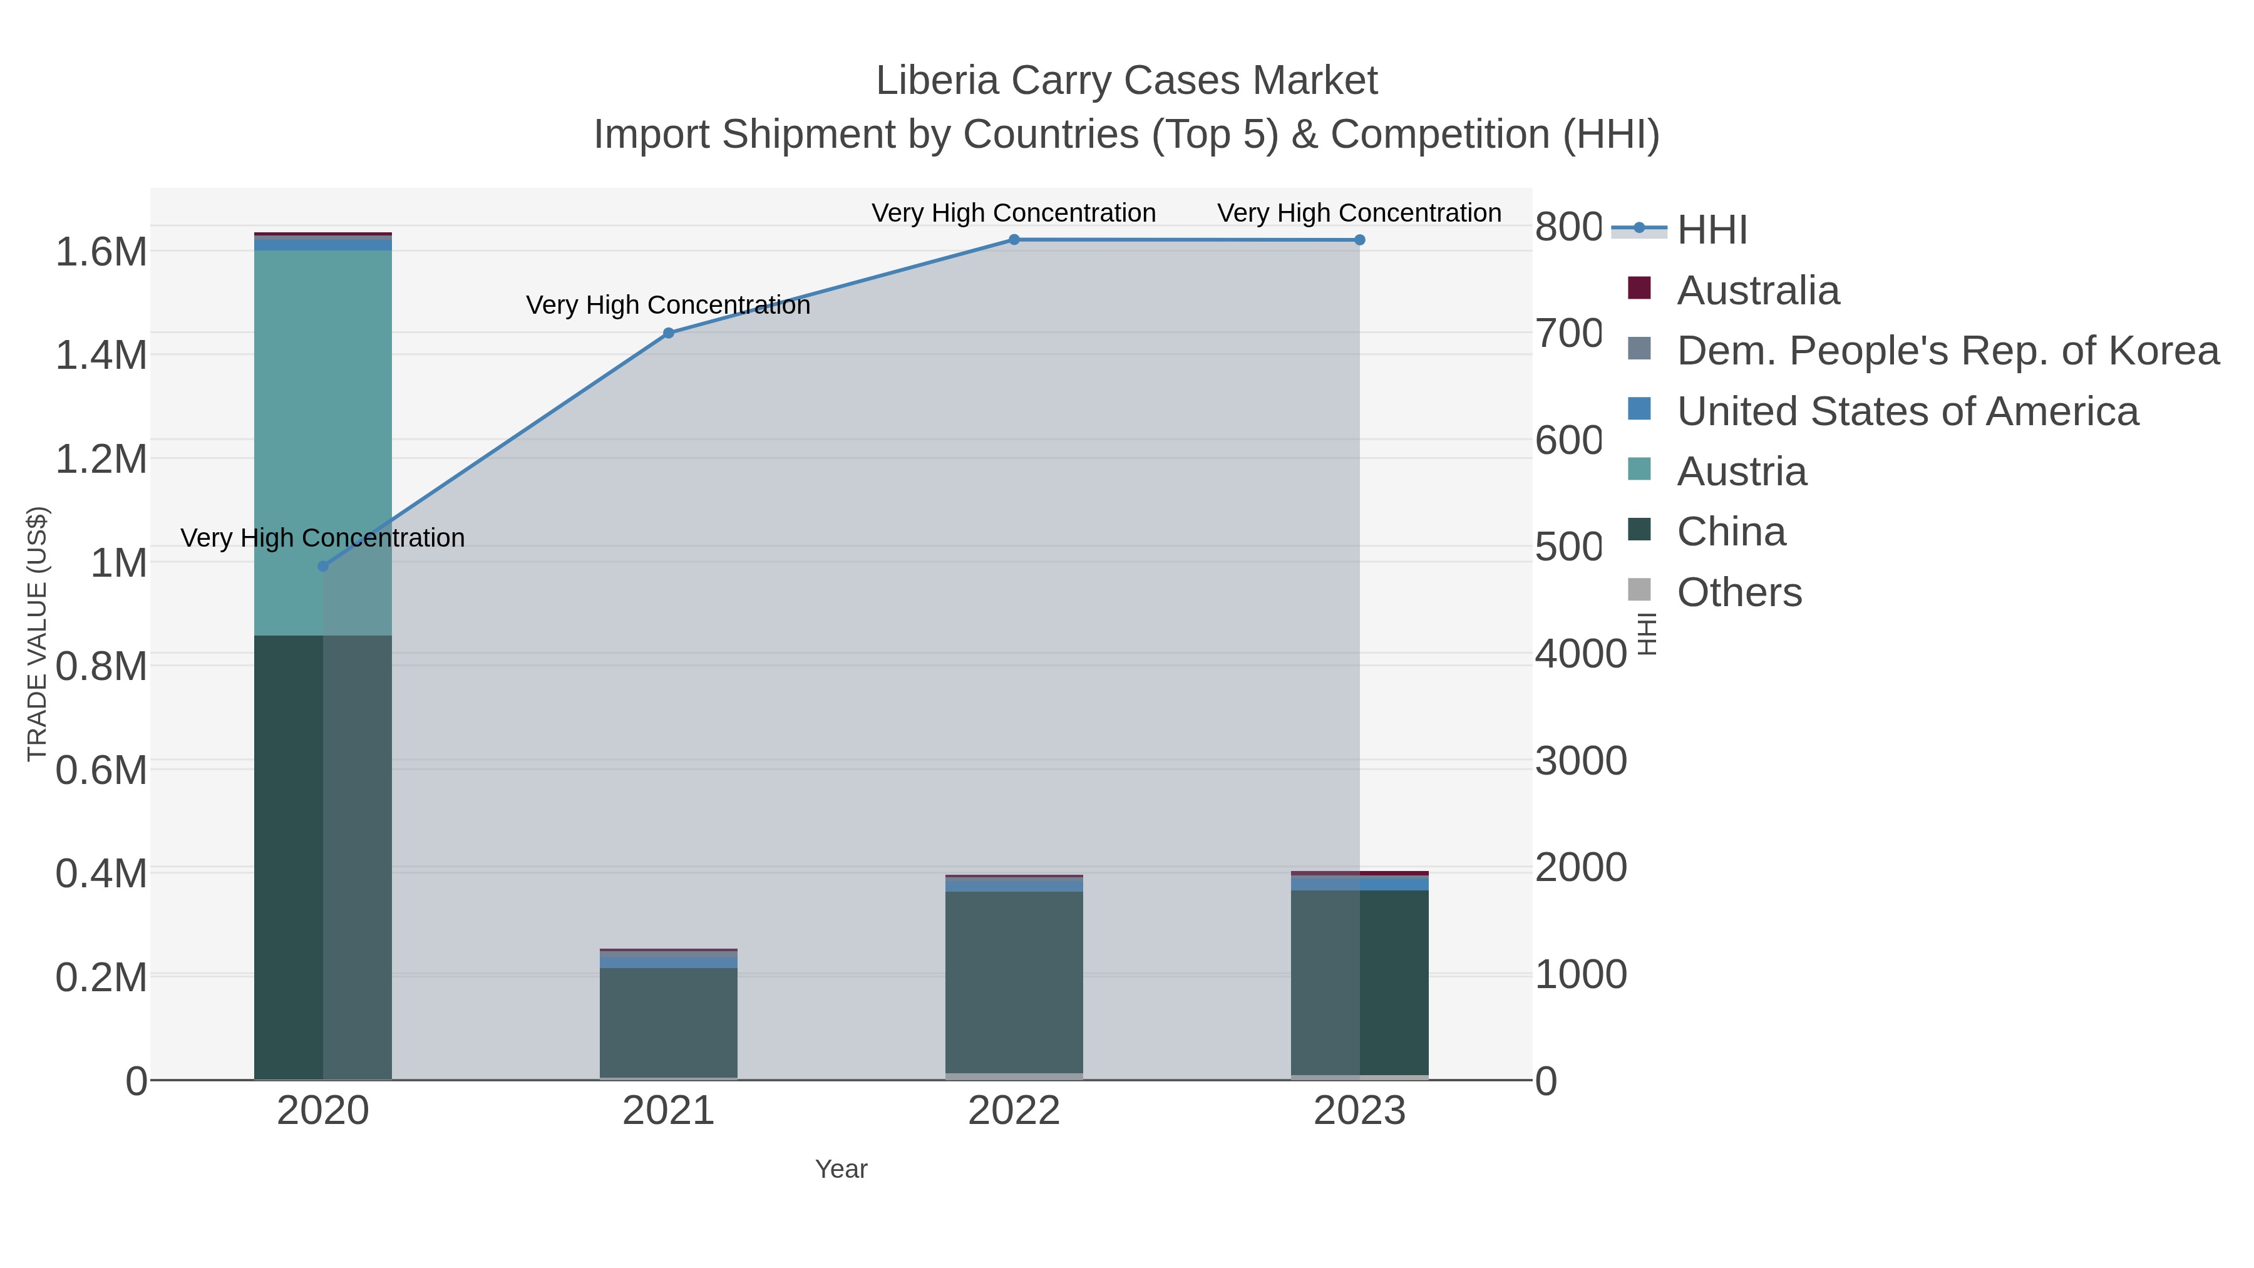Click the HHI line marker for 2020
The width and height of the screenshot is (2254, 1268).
pyautogui.click(x=323, y=566)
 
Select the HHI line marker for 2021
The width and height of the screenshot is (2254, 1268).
pyautogui.click(x=669, y=332)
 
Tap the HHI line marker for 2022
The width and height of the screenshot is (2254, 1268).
pyautogui.click(x=1014, y=239)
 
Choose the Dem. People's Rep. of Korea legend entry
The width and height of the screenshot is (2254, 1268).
pyautogui.click(x=1947, y=350)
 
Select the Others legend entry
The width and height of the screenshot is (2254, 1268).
pyautogui.click(x=1739, y=592)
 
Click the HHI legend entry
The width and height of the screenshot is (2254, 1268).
pyautogui.click(x=1712, y=229)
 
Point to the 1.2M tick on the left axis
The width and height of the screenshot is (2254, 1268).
pyautogui.click(x=101, y=458)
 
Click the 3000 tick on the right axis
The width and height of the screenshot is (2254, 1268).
pyautogui.click(x=1580, y=760)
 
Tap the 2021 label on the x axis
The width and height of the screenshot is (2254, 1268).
pyautogui.click(x=669, y=1110)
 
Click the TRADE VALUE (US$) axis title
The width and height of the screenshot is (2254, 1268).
pyautogui.click(x=37, y=634)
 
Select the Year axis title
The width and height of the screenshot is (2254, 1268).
pyautogui.click(x=841, y=1169)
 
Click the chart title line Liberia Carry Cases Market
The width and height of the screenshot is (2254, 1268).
pyautogui.click(x=1126, y=81)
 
